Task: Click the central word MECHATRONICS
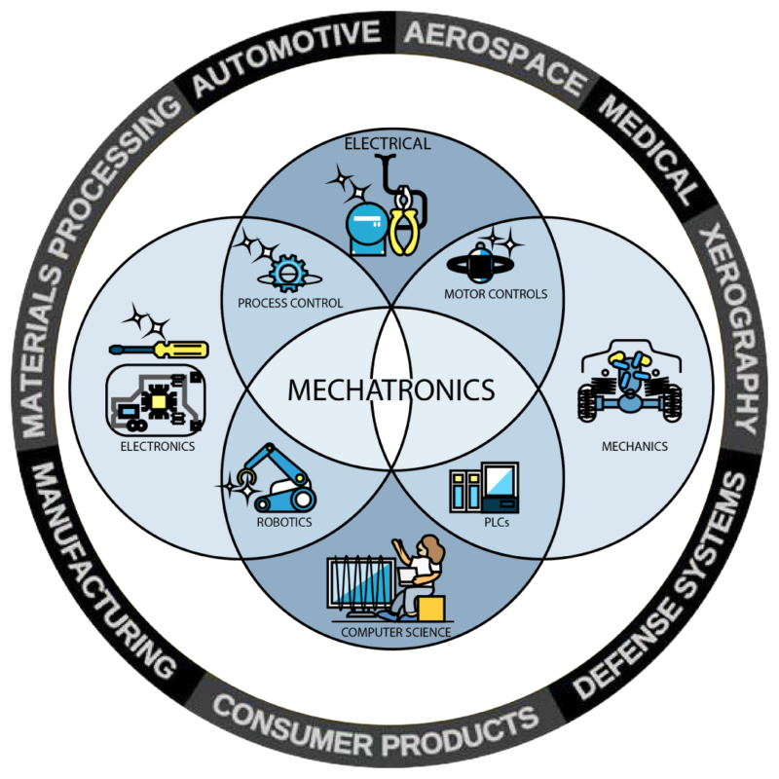pos(391,390)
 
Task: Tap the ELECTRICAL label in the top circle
pos(388,143)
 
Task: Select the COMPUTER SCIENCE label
pos(396,632)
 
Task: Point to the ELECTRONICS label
pos(158,447)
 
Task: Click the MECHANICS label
pos(635,447)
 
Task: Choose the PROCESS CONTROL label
pos(290,303)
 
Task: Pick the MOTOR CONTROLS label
pos(496,294)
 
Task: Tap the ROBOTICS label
pos(284,522)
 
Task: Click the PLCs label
pos(497,522)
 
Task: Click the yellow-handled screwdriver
pos(159,350)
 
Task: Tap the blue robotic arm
pos(278,477)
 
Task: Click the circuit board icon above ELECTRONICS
pos(156,400)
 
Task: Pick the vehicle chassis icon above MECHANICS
pos(630,382)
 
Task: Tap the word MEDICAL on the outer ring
pos(649,150)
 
